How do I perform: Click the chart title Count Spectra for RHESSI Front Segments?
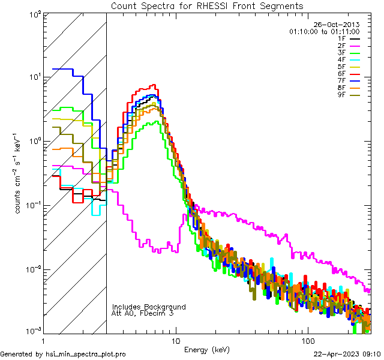click(x=207, y=5)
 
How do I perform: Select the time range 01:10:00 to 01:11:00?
click(x=324, y=31)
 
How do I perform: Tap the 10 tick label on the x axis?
click(x=175, y=341)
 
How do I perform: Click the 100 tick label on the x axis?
click(x=307, y=341)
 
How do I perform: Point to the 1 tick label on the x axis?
click(x=43, y=341)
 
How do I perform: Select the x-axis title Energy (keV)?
click(x=206, y=349)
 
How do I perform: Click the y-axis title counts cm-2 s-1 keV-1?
click(x=20, y=173)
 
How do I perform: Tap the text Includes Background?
click(x=149, y=307)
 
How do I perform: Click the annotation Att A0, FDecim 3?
click(x=143, y=314)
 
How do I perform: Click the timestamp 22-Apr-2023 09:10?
click(x=348, y=355)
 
